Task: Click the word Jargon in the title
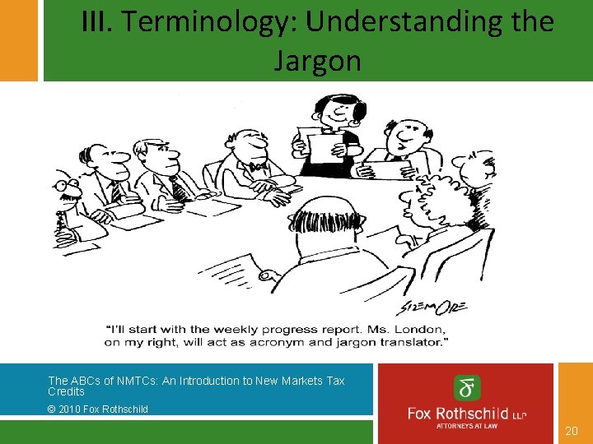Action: [317, 60]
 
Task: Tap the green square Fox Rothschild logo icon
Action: [467, 388]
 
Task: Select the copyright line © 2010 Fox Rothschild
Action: [98, 409]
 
